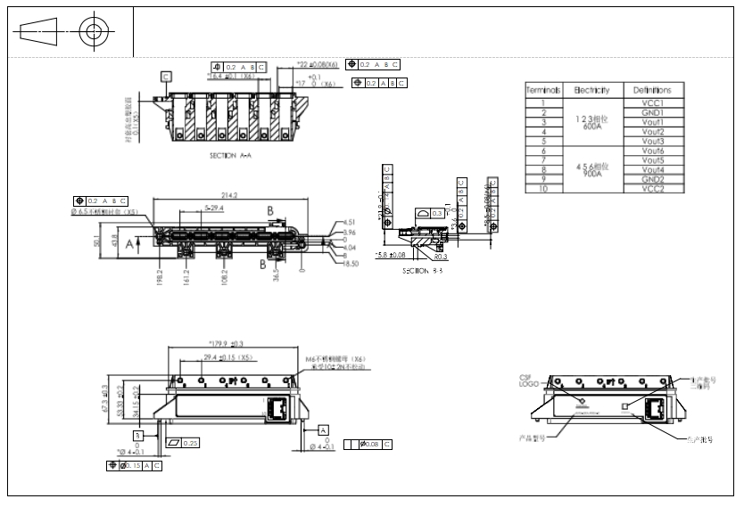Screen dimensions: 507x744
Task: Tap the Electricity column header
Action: pos(591,90)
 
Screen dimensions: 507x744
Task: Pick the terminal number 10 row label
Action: pos(542,189)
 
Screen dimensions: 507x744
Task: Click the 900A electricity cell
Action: pos(591,174)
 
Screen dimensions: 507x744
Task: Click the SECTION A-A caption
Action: pos(230,155)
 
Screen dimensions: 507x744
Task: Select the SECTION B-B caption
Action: pos(422,271)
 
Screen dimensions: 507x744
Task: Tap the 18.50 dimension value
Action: pos(351,264)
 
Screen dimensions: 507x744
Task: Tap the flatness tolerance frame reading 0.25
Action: pos(184,443)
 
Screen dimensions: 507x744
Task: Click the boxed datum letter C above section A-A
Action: pos(166,77)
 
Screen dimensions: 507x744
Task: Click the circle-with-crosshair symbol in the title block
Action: pos(93,33)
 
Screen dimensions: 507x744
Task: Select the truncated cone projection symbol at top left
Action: pos(37,33)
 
